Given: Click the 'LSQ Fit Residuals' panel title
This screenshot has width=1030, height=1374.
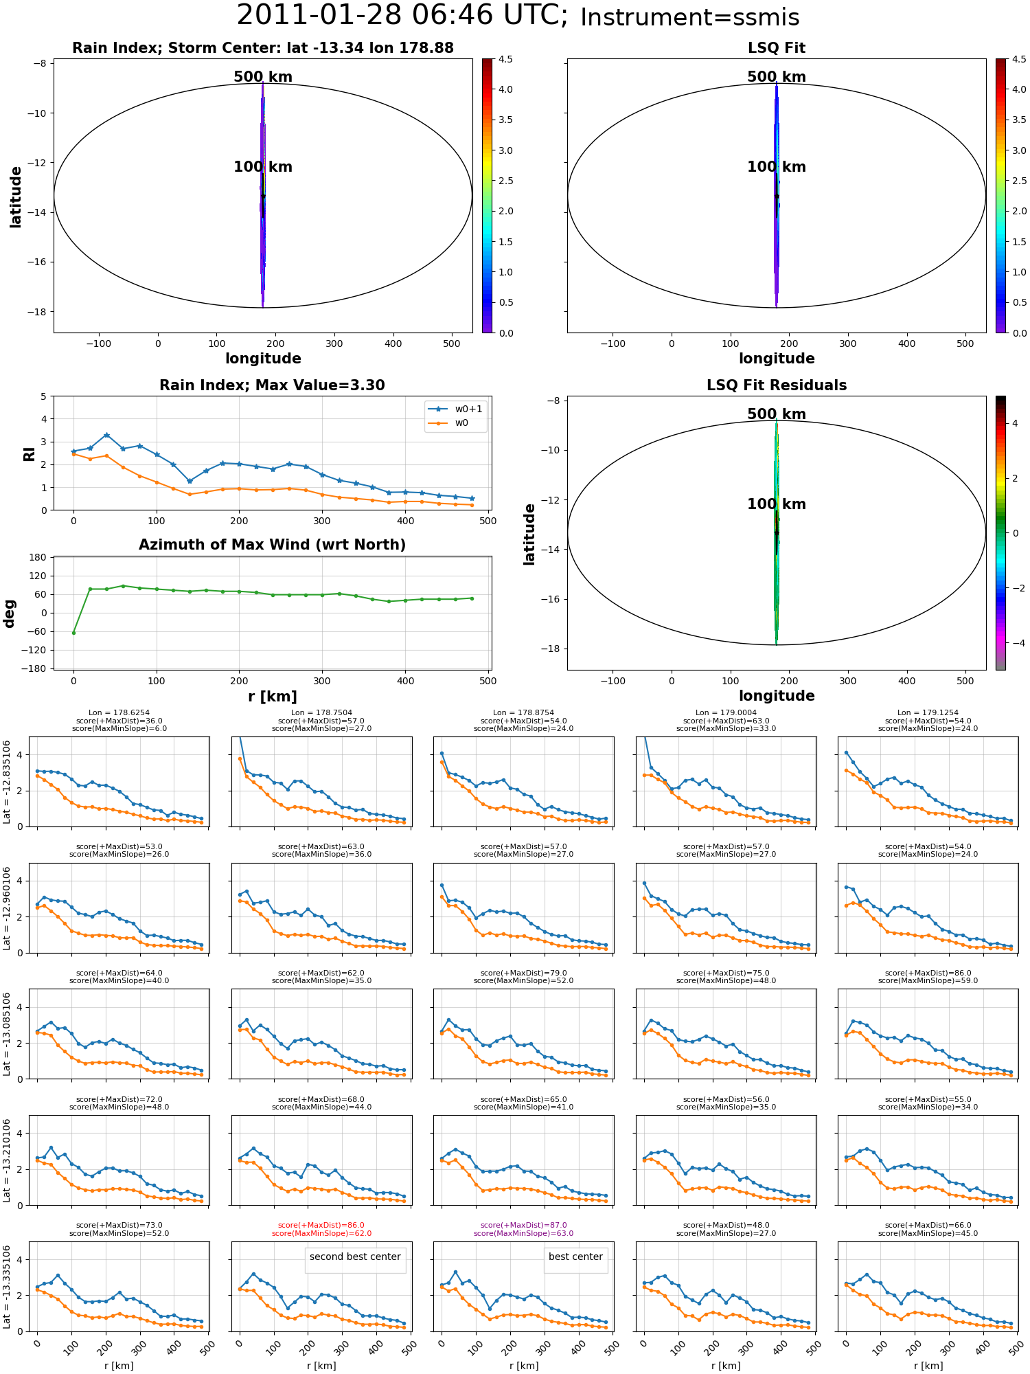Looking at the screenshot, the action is pyautogui.click(x=777, y=385).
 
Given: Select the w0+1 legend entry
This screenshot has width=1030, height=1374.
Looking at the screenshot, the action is pyautogui.click(x=456, y=409).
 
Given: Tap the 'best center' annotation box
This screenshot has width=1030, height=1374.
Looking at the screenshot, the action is pyautogui.click(x=575, y=1257).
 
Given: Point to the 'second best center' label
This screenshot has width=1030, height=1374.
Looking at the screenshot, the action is pyautogui.click(x=355, y=1257).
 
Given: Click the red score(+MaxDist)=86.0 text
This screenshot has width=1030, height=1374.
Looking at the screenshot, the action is pyautogui.click(x=321, y=1225).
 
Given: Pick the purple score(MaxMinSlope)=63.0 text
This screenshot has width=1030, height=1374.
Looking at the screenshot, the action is pyautogui.click(x=523, y=1233).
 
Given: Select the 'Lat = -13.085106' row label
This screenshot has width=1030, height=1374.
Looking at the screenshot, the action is pyautogui.click(x=8, y=1034).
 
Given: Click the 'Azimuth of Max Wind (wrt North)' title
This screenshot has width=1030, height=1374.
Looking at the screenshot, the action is pyautogui.click(x=272, y=545).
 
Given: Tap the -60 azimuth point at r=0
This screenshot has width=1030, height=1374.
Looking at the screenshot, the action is pyautogui.click(x=73, y=633).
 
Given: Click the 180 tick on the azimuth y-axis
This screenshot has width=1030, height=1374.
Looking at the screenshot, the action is pyautogui.click(x=38, y=557).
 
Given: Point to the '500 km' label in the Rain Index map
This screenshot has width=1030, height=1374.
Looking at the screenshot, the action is pyautogui.click(x=263, y=77).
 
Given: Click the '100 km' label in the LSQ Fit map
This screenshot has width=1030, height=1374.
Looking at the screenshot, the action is pyautogui.click(x=777, y=167).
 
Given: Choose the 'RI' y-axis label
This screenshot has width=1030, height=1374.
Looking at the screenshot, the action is pyautogui.click(x=29, y=453).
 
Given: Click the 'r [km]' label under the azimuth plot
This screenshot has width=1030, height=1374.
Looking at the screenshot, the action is pyautogui.click(x=273, y=697).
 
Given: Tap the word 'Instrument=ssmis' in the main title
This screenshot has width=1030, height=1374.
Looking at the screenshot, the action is pyautogui.click(x=690, y=17).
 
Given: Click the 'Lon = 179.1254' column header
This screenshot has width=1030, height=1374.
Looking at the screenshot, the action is pyautogui.click(x=928, y=713).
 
